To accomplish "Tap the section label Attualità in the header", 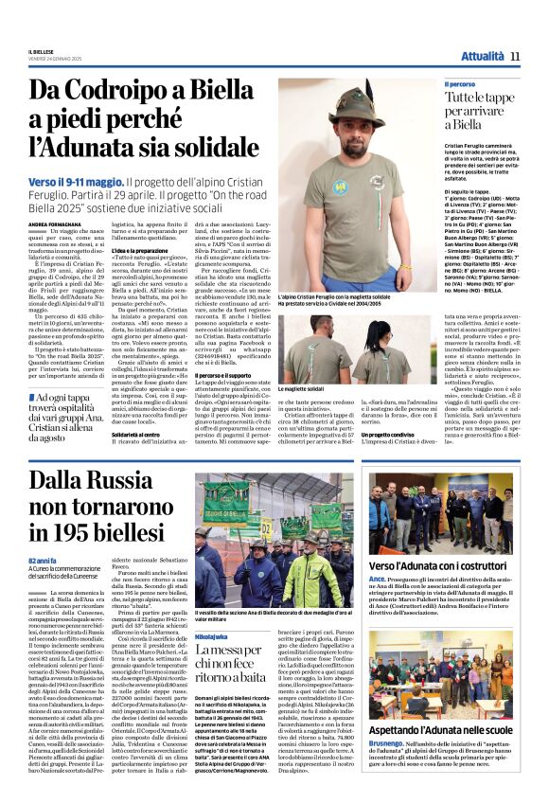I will tap(482, 57).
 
